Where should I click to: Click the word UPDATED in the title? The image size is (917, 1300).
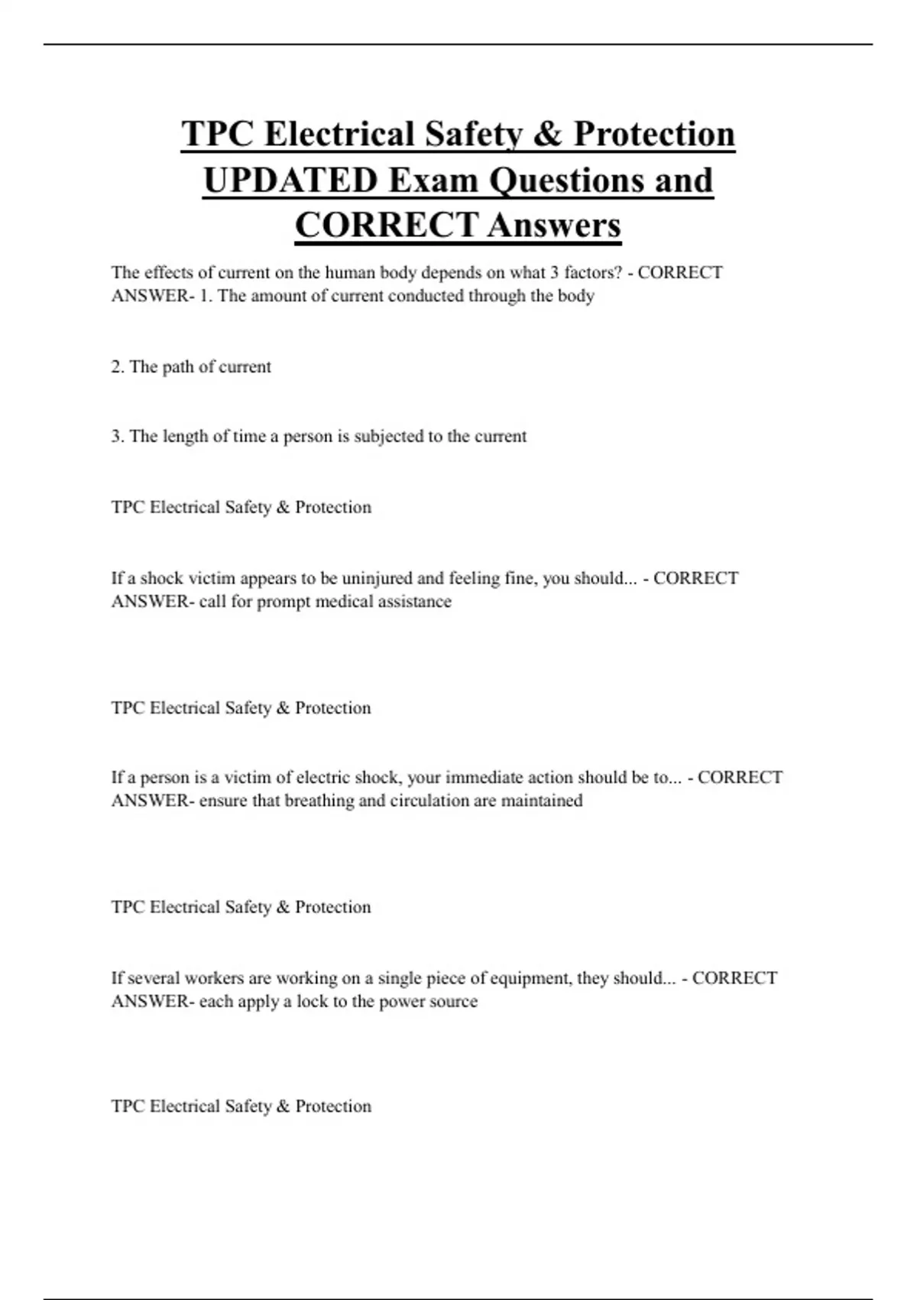[291, 180]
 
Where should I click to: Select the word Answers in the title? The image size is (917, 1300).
[554, 226]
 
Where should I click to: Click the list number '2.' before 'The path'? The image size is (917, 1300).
[118, 367]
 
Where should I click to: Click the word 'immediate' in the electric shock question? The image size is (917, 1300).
[482, 778]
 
